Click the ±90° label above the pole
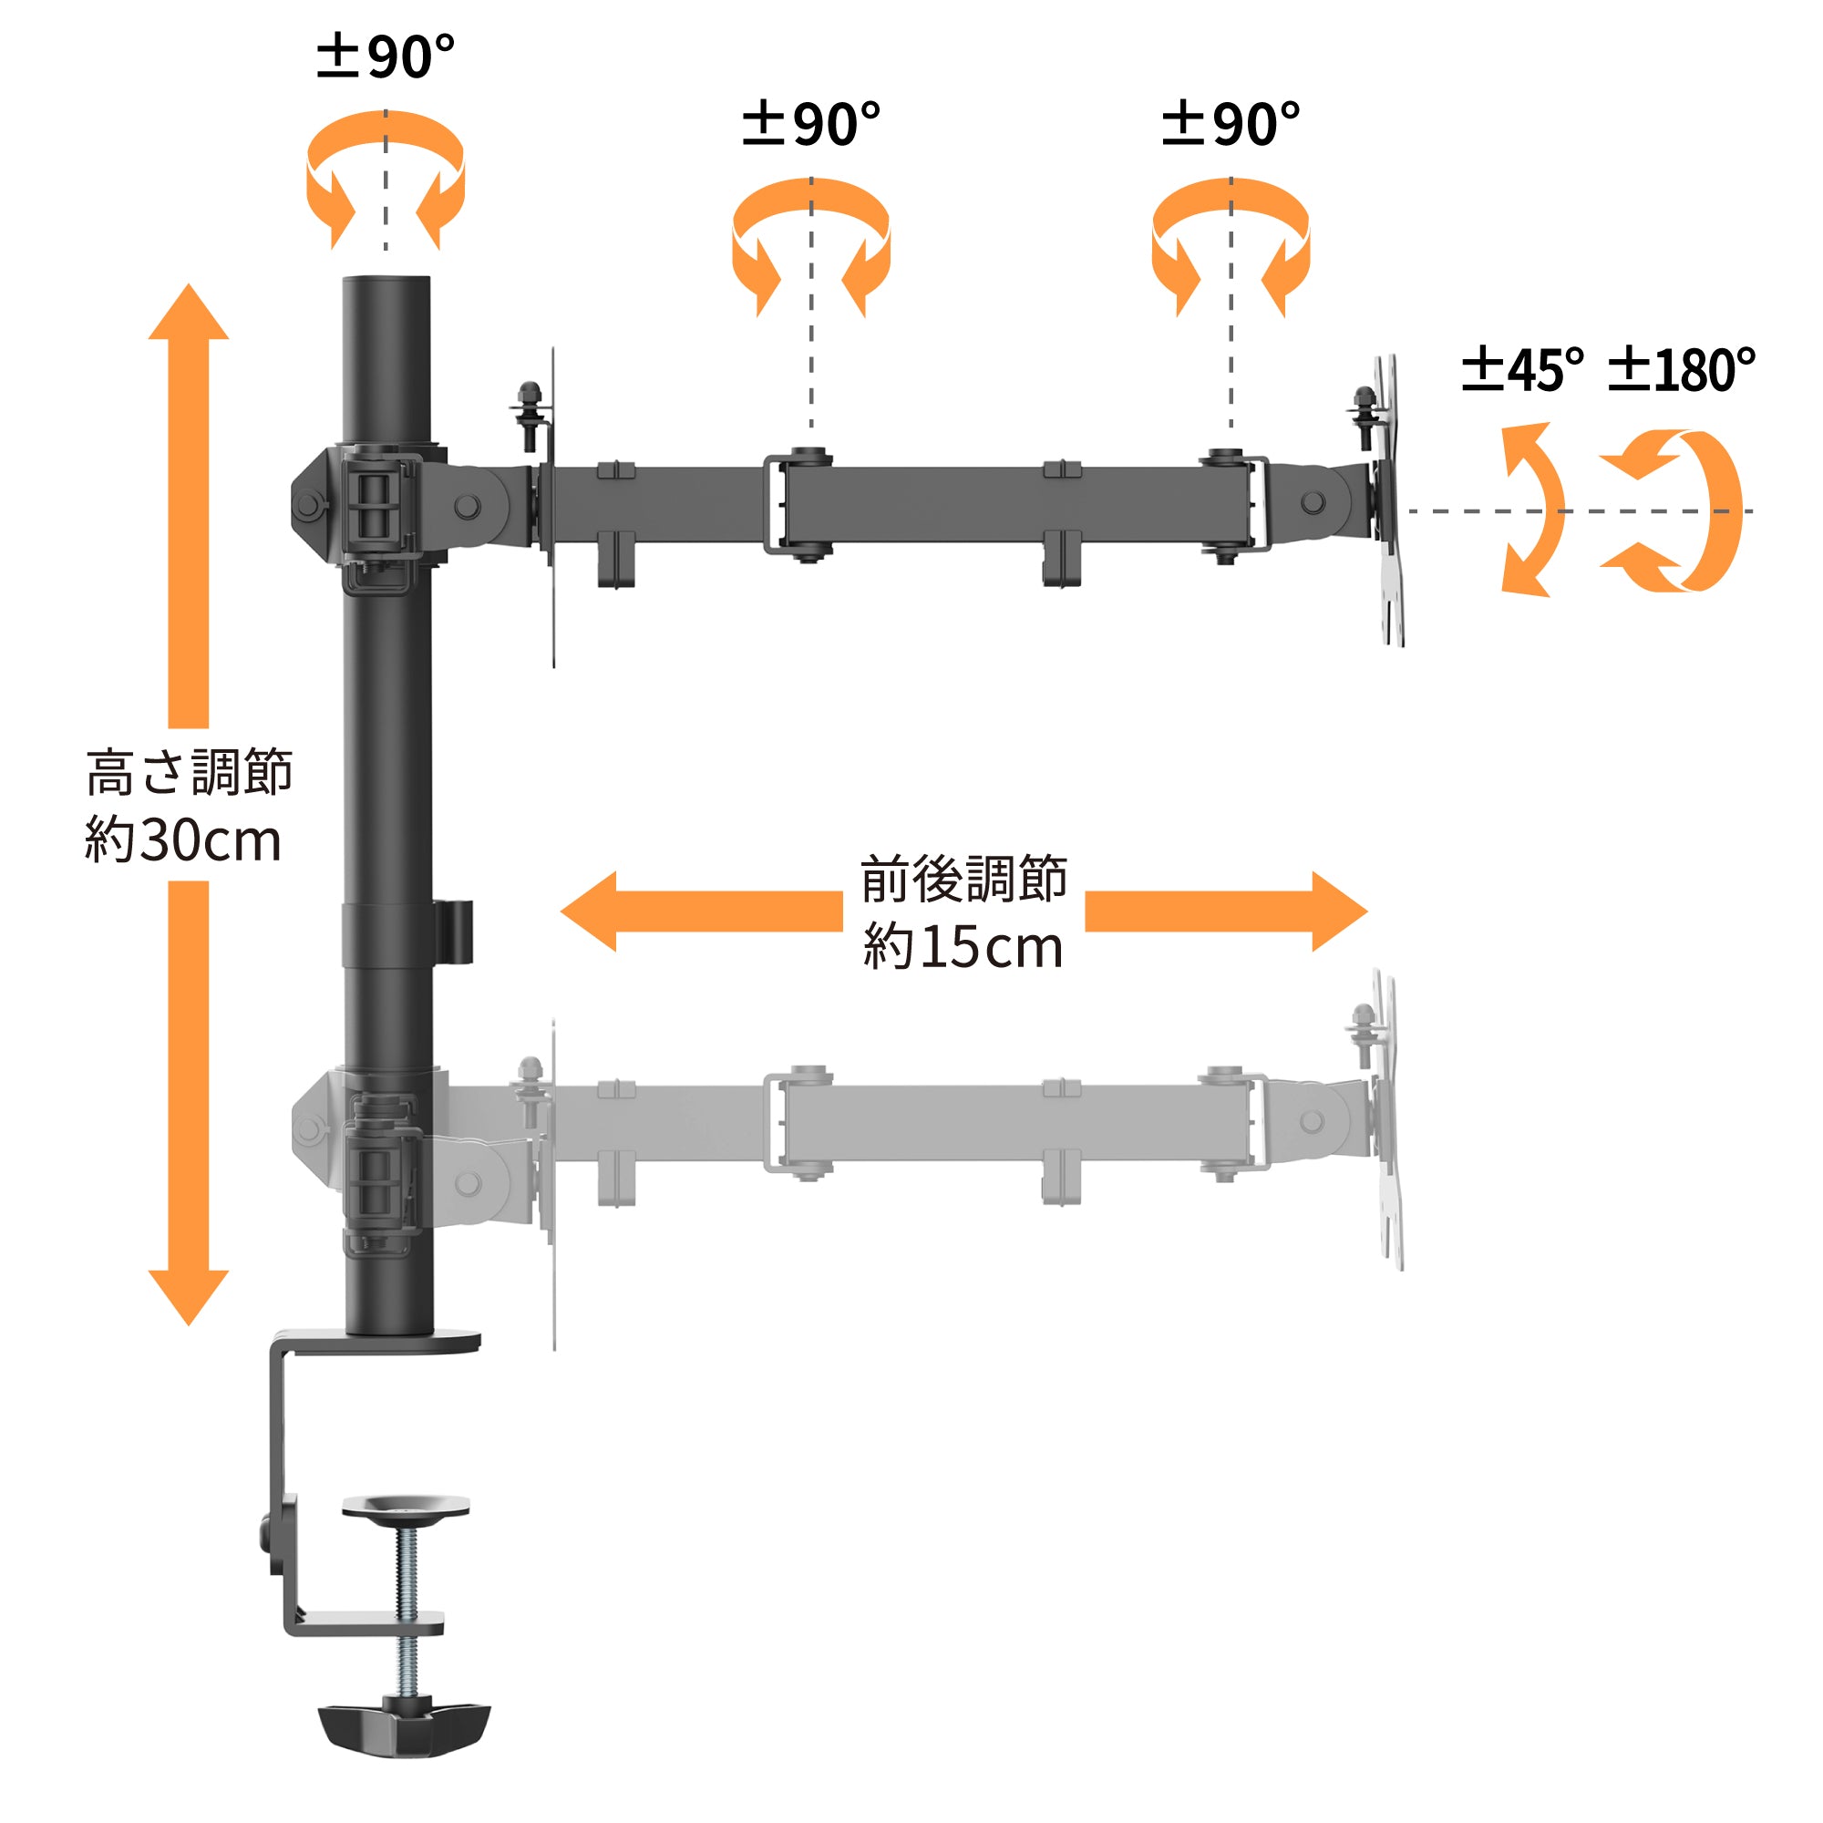pos(385,56)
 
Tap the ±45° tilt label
pos(1522,369)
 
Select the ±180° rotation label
pos(1682,369)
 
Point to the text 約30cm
pos(183,839)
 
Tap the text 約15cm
pos(963,946)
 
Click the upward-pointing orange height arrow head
pos(189,312)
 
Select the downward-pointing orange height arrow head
pos(189,1297)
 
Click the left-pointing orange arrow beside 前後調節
pos(701,911)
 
